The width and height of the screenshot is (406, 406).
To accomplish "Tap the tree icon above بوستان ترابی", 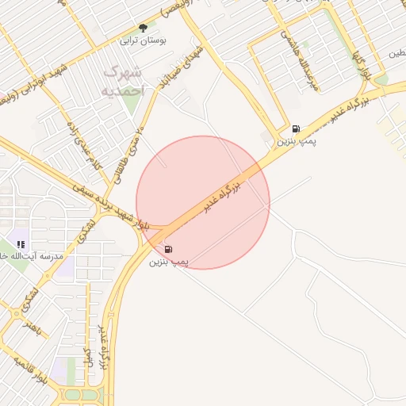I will [x=143, y=28].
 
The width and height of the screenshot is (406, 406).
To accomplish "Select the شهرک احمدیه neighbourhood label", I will [x=124, y=82].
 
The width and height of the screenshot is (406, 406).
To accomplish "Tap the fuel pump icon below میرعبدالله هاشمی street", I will [x=296, y=128].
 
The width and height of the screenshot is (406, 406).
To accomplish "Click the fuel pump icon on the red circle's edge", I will [x=169, y=249].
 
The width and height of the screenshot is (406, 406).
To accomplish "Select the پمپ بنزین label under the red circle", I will [x=169, y=261].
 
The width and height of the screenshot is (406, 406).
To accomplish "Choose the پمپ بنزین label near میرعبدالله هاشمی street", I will [x=297, y=141].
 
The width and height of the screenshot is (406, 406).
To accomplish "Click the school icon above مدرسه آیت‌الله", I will [x=21, y=244].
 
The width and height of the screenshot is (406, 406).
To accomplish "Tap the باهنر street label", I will [x=29, y=324].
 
